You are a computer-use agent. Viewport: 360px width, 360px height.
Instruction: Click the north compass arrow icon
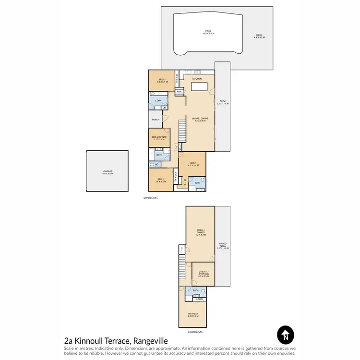point(286,334)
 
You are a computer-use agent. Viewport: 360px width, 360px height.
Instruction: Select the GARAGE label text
point(108,172)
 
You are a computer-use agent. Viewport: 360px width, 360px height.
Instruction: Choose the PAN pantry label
point(179,91)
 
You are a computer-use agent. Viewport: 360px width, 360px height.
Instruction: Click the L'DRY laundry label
point(158,100)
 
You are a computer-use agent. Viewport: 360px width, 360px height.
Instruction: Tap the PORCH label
point(156,120)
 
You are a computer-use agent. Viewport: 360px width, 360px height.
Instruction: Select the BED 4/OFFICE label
point(159,138)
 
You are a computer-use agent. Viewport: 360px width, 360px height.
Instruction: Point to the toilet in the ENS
point(203,180)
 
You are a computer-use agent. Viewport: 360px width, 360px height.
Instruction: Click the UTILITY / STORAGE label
point(203,274)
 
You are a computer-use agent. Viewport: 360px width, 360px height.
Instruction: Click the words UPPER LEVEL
point(150,197)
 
